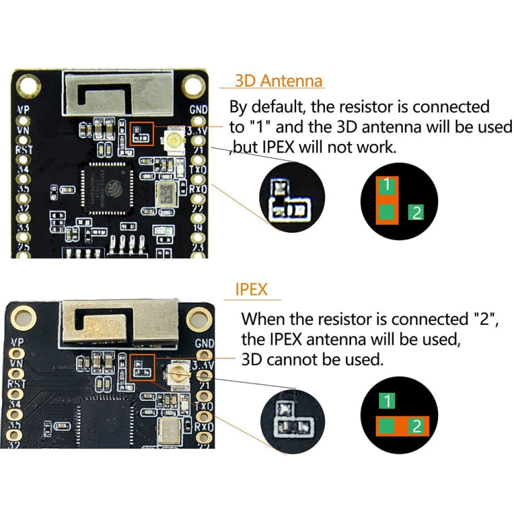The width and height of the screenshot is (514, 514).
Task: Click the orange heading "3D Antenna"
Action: [x=278, y=81]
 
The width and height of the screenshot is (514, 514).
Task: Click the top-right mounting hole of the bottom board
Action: [x=200, y=317]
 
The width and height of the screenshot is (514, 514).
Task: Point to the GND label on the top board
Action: [x=198, y=110]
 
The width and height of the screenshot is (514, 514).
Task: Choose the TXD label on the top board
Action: [x=199, y=169]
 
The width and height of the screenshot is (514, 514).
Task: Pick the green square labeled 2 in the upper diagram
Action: [x=416, y=212]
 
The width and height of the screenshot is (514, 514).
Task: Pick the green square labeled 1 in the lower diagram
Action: [x=388, y=402]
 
